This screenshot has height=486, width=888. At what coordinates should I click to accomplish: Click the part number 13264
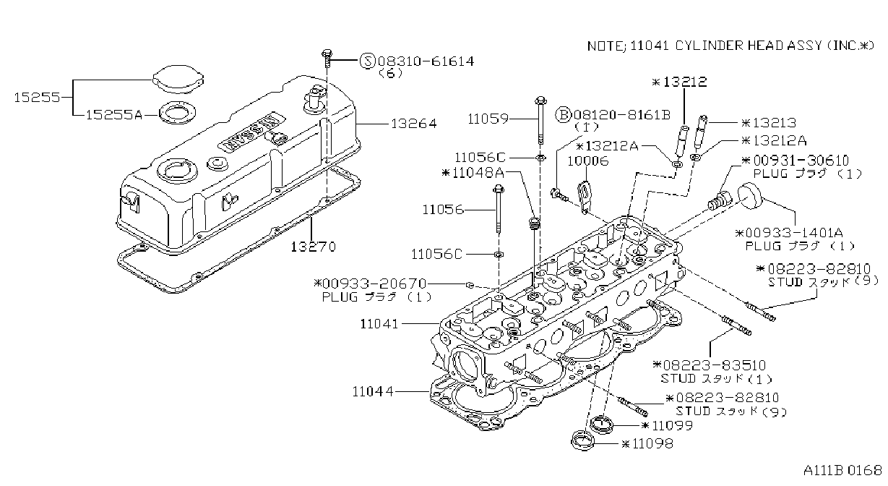[x=414, y=124]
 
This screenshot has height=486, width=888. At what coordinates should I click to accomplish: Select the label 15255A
[x=114, y=115]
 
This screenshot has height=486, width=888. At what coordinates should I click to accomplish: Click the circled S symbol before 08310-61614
[x=367, y=61]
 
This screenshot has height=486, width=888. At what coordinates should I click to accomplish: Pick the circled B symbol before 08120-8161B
[x=563, y=115]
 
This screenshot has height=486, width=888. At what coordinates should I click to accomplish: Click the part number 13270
[x=313, y=247]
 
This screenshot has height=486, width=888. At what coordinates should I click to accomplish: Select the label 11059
[x=488, y=119]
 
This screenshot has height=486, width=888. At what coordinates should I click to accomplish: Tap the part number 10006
[x=587, y=161]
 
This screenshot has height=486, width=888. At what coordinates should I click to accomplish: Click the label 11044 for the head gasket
[x=373, y=392]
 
